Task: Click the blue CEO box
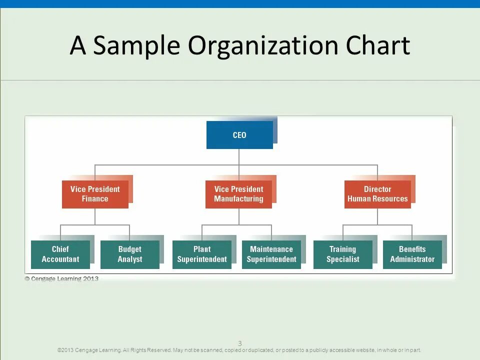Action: [239, 135]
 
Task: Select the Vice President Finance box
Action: [95, 194]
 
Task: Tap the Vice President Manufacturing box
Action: [238, 194]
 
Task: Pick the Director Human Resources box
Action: [377, 194]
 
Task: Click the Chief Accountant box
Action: [60, 254]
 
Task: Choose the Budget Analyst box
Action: [130, 254]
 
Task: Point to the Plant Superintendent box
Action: [202, 254]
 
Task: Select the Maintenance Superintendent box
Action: [271, 254]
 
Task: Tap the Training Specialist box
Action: [343, 254]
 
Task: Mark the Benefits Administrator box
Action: [412, 254]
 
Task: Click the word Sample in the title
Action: [136, 46]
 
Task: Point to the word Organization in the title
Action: [263, 46]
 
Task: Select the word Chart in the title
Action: [378, 46]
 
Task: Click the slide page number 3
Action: [240, 343]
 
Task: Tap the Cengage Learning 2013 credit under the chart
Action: [62, 279]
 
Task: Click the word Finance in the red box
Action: [95, 199]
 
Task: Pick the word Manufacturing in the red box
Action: [238, 199]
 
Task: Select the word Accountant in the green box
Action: [60, 259]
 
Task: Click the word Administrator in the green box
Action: [412, 259]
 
